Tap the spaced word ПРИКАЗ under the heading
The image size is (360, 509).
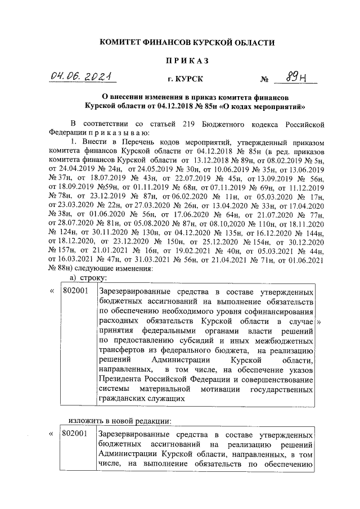pyautogui.click(x=187, y=60)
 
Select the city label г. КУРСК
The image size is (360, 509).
pyautogui.click(x=187, y=80)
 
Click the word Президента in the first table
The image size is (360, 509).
pyautogui.click(x=122, y=379)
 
